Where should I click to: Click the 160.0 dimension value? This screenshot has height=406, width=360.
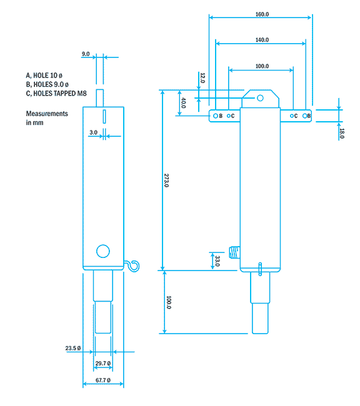[261, 13]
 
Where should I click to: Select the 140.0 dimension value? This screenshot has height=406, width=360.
[261, 40]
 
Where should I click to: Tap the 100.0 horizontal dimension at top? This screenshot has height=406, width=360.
[261, 66]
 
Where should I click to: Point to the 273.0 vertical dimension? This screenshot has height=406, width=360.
[167, 181]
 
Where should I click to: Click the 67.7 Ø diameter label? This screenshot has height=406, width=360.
[103, 380]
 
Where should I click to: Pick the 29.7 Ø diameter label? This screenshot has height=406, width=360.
[103, 363]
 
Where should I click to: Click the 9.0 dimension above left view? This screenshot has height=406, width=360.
[86, 54]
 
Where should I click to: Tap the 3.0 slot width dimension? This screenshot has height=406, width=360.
[93, 132]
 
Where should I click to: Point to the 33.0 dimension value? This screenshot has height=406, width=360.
[217, 260]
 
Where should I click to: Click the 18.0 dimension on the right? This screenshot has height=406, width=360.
[341, 132]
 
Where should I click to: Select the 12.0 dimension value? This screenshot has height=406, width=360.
[202, 78]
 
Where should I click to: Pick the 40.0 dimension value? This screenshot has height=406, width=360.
[183, 103]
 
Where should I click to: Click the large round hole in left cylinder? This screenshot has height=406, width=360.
[102, 251]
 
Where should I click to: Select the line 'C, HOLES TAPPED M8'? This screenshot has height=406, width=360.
[56, 93]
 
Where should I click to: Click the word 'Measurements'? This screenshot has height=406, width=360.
[46, 114]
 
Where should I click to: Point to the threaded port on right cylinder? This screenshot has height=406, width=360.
[235, 252]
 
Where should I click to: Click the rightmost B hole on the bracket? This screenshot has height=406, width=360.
[304, 116]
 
